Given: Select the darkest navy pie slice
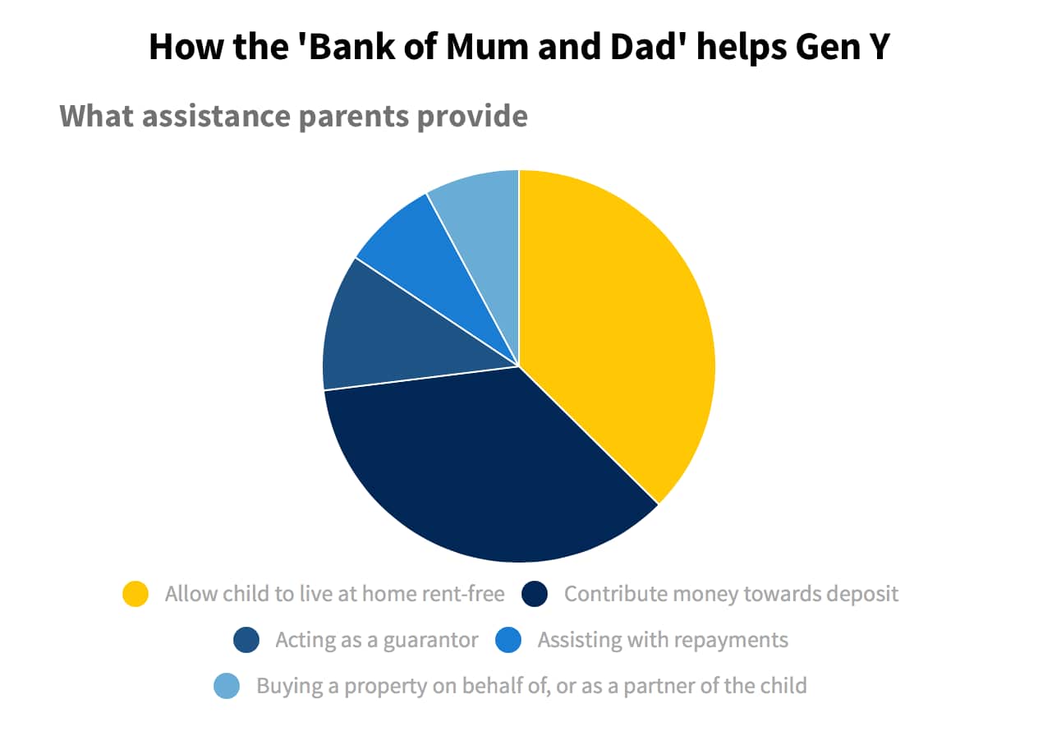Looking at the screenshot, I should tap(485, 468).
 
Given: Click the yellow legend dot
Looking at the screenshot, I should tap(135, 594).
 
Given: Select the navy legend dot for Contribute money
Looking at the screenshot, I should tap(535, 594).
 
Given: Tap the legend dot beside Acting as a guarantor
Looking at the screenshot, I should tap(246, 640).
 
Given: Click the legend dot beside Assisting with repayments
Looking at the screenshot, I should tap(509, 640).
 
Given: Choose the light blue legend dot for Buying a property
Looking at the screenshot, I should tap(227, 685).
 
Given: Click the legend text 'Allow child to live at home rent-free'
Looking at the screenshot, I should tap(334, 594).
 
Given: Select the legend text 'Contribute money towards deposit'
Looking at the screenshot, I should tap(731, 594).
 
